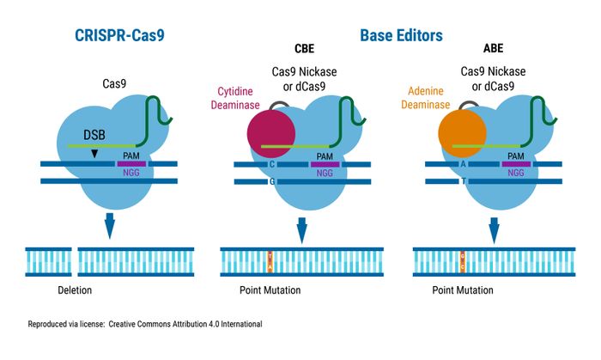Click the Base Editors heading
400,36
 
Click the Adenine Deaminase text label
426,97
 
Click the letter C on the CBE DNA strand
270,163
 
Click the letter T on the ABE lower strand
463,181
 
